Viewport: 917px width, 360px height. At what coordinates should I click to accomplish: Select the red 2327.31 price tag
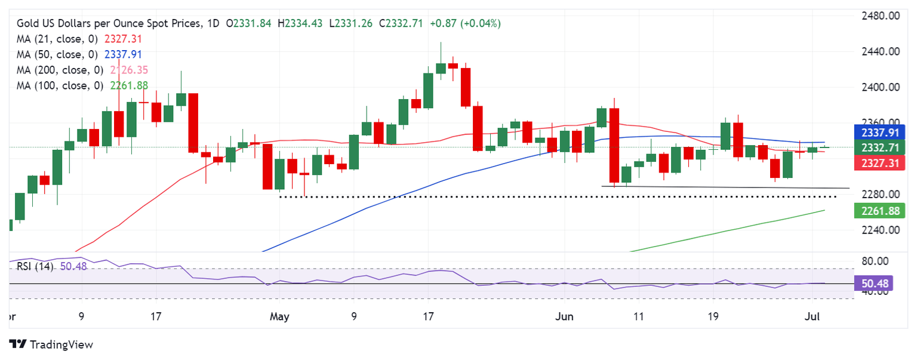pos(879,162)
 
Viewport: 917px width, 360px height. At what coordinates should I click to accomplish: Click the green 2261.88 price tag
pos(879,210)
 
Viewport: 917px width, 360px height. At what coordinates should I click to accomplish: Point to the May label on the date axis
pos(279,316)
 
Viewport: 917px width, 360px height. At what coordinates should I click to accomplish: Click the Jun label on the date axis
pos(565,316)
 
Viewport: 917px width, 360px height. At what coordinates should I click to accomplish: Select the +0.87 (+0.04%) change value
pos(472,23)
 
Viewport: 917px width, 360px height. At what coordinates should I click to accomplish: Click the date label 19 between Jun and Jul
pos(725,316)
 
